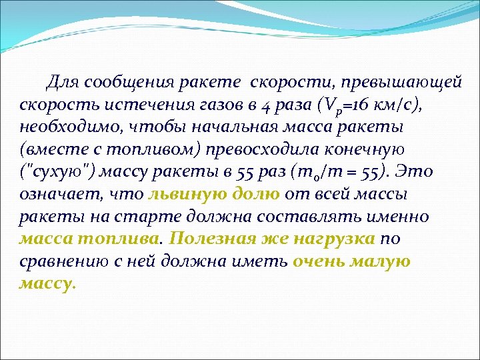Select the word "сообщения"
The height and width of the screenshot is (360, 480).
click(125, 83)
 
